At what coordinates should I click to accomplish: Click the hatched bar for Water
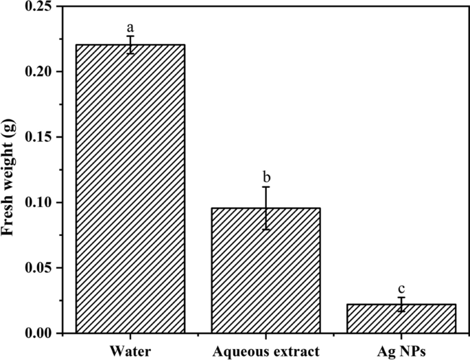coord(130,189)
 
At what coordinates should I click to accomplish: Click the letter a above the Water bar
coord(130,28)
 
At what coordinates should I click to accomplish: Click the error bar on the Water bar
coord(130,45)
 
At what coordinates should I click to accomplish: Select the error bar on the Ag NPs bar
coord(401,304)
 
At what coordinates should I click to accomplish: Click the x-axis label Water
coord(130,352)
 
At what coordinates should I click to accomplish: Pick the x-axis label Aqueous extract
coord(266,352)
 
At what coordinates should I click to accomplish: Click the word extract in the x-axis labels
coord(297,352)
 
